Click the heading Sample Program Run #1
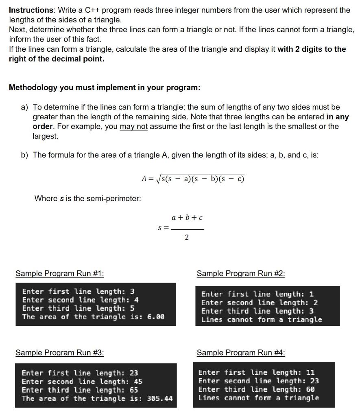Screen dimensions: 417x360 click(x=59, y=274)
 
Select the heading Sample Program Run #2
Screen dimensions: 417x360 click(x=241, y=274)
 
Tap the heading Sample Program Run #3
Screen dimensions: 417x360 click(x=59, y=353)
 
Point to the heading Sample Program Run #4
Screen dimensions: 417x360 click(x=241, y=353)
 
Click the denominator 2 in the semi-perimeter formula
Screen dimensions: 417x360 click(x=187, y=238)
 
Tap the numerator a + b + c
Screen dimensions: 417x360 click(x=187, y=218)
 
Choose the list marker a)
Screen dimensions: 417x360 click(x=25, y=107)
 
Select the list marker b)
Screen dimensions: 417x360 click(x=25, y=155)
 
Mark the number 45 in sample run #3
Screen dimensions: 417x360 click(x=138, y=382)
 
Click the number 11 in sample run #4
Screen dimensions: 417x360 click(x=310, y=373)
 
